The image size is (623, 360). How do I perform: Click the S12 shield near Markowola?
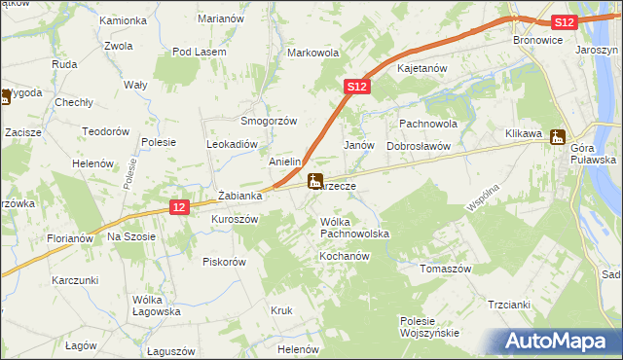[x=356, y=88]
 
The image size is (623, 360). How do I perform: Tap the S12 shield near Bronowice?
[x=563, y=22]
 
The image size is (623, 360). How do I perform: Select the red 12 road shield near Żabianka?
[x=177, y=207]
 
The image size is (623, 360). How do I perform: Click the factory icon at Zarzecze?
[x=314, y=181]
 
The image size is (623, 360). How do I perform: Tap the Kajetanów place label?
[x=421, y=69]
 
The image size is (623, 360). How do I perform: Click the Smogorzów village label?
[x=268, y=121]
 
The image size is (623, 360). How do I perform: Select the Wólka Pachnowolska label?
[x=354, y=229]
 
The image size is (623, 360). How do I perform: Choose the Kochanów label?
[x=343, y=256]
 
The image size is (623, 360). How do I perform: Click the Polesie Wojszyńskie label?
[x=429, y=327]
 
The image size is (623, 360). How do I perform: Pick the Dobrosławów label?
[x=418, y=145]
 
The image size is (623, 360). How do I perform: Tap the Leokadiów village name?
[x=231, y=143]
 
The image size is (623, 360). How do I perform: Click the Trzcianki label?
[x=508, y=305]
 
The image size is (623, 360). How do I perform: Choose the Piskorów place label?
[x=224, y=262]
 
